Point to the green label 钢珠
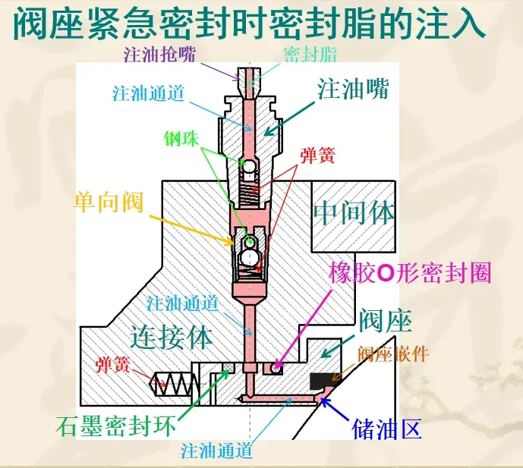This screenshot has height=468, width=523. coord(182,139)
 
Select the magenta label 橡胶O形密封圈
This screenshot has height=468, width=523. coord(411,273)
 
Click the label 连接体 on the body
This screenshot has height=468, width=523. coord(171,335)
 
